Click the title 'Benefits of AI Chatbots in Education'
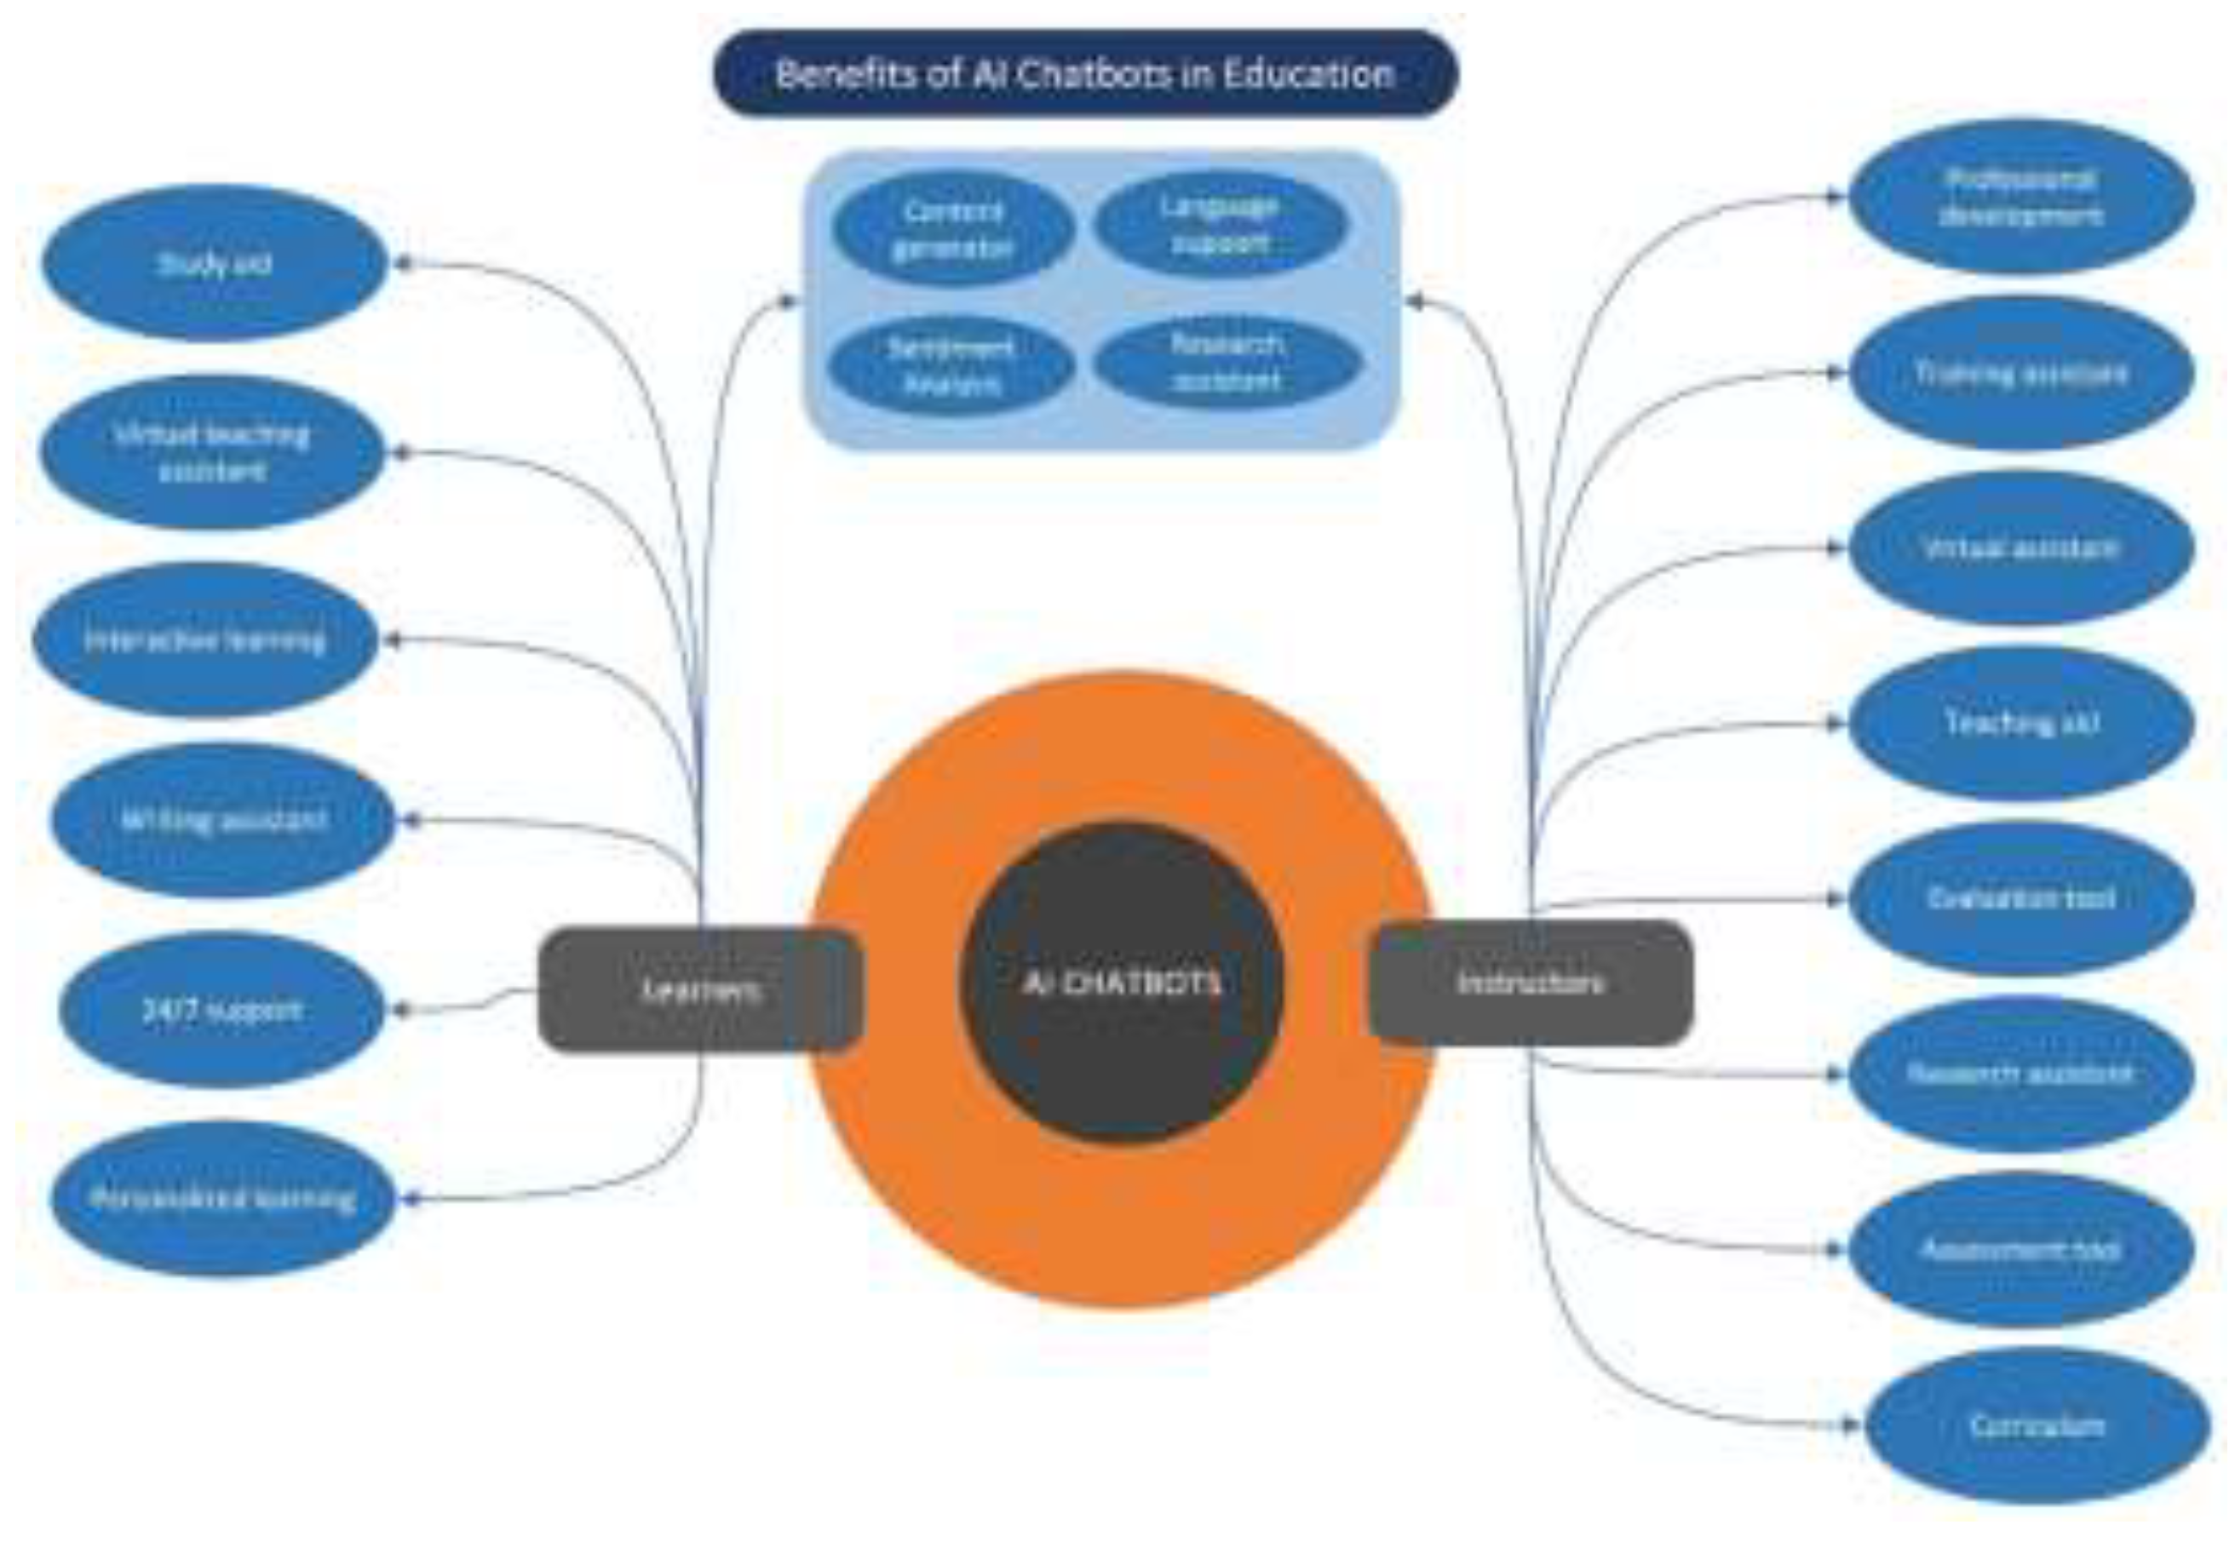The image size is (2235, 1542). tap(1085, 73)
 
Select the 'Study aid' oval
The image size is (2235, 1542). tap(215, 263)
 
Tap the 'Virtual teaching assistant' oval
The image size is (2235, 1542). tap(213, 452)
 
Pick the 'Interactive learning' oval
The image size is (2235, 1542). tap(205, 639)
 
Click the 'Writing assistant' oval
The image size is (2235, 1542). tap(223, 820)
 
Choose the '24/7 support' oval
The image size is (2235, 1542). tap(222, 1010)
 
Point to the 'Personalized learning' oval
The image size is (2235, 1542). tap(223, 1198)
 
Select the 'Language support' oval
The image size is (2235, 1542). tap(1221, 224)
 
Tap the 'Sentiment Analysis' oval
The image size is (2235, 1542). tap(951, 365)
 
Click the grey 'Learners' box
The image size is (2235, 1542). tap(700, 989)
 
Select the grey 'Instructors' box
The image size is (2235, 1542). tap(1531, 983)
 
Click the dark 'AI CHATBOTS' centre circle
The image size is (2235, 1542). tap(1121, 983)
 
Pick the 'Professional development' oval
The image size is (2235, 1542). tap(2021, 197)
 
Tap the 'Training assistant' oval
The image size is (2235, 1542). tap(2021, 373)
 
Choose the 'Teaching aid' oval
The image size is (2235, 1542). tap(2021, 723)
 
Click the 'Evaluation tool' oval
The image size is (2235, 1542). tap(2021, 898)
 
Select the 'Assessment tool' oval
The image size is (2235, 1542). tap(2021, 1249)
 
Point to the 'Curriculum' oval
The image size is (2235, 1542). tap(2037, 1425)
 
